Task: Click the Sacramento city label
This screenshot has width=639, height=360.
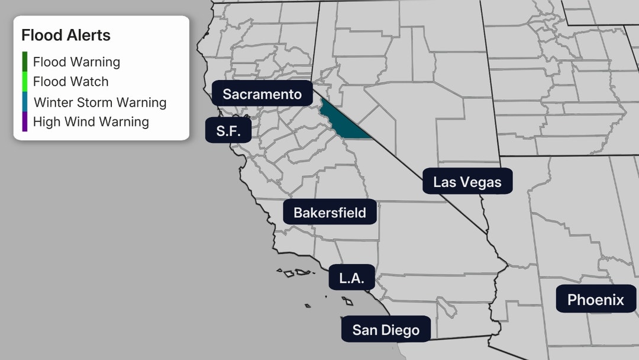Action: [x=262, y=94]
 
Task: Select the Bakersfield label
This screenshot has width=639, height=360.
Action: [x=330, y=212]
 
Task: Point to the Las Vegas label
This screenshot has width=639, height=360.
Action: [x=467, y=182]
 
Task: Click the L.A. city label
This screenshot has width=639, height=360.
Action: [x=351, y=277]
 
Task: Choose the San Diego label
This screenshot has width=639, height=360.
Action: [x=386, y=329]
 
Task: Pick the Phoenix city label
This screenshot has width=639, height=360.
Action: [x=595, y=300]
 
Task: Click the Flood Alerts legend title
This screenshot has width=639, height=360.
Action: [x=66, y=35]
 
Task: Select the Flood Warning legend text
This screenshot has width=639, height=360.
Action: [x=76, y=62]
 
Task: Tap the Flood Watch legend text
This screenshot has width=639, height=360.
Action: [x=70, y=82]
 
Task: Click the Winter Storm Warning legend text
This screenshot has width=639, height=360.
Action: [x=99, y=102]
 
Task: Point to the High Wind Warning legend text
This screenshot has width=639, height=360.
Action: [x=91, y=122]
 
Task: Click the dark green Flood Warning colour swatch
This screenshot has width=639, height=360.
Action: [x=25, y=62]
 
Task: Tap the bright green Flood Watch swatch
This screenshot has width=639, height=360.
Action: [x=25, y=82]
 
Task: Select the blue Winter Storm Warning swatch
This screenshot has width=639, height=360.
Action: [x=25, y=102]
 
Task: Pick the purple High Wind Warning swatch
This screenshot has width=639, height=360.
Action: [x=25, y=122]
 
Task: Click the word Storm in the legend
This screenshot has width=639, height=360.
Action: [x=95, y=102]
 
